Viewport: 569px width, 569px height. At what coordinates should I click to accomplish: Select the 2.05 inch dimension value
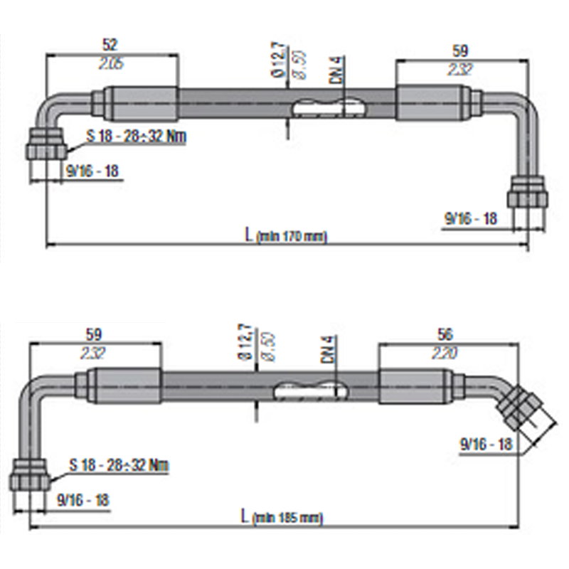click(110, 63)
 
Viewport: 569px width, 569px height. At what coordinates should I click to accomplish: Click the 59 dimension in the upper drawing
click(461, 50)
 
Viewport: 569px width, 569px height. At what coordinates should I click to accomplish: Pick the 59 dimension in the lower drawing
click(94, 333)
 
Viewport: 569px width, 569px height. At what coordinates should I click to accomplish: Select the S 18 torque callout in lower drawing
click(119, 466)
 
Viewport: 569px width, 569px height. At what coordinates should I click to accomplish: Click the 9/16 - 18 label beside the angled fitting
click(486, 445)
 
